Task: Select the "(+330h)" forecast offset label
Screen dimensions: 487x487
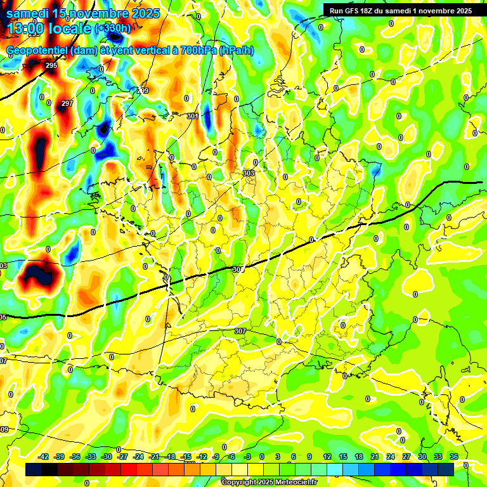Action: [113, 29]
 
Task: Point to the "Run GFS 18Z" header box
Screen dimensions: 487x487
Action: [401, 11]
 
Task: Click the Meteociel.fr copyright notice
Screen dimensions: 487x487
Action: [269, 482]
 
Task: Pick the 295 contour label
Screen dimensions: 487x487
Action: [51, 65]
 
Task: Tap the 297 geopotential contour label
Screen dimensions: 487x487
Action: [67, 103]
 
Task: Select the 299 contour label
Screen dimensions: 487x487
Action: [143, 91]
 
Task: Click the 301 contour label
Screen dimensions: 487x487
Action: [193, 116]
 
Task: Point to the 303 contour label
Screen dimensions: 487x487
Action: [249, 172]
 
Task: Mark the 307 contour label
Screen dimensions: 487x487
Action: [240, 331]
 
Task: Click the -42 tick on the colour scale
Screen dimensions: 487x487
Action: [44, 457]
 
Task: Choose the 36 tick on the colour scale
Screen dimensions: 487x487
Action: [454, 457]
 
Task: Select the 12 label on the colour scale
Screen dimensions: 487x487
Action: [327, 457]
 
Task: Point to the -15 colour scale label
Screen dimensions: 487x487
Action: [186, 457]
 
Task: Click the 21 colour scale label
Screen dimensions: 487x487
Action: [375, 457]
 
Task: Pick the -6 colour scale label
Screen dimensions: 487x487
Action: [233, 457]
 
